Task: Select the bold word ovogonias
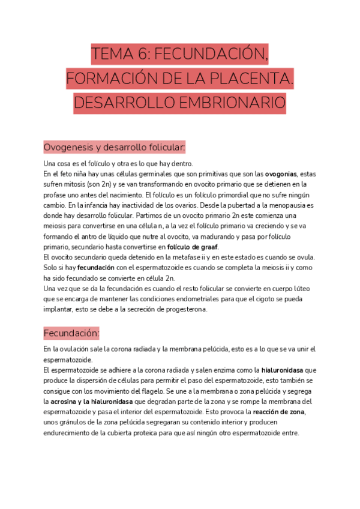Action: click(284, 174)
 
